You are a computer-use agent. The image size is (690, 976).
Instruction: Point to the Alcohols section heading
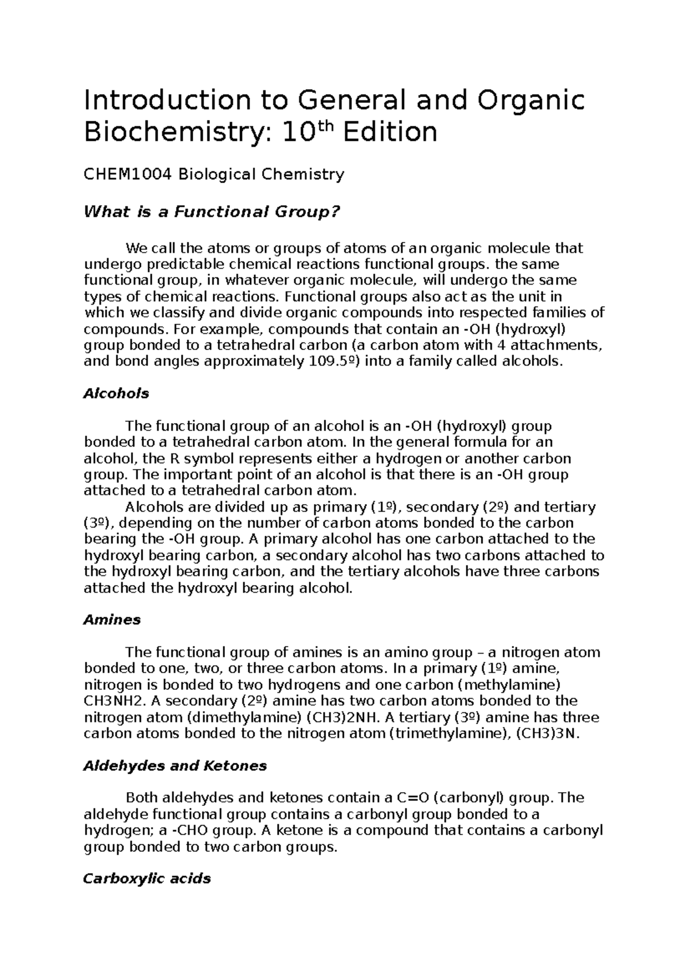coord(116,394)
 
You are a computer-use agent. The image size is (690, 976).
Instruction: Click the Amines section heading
coord(112,620)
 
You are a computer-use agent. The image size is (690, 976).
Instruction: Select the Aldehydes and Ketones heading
coord(175,766)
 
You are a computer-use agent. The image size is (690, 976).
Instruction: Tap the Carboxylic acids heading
coord(147,879)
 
